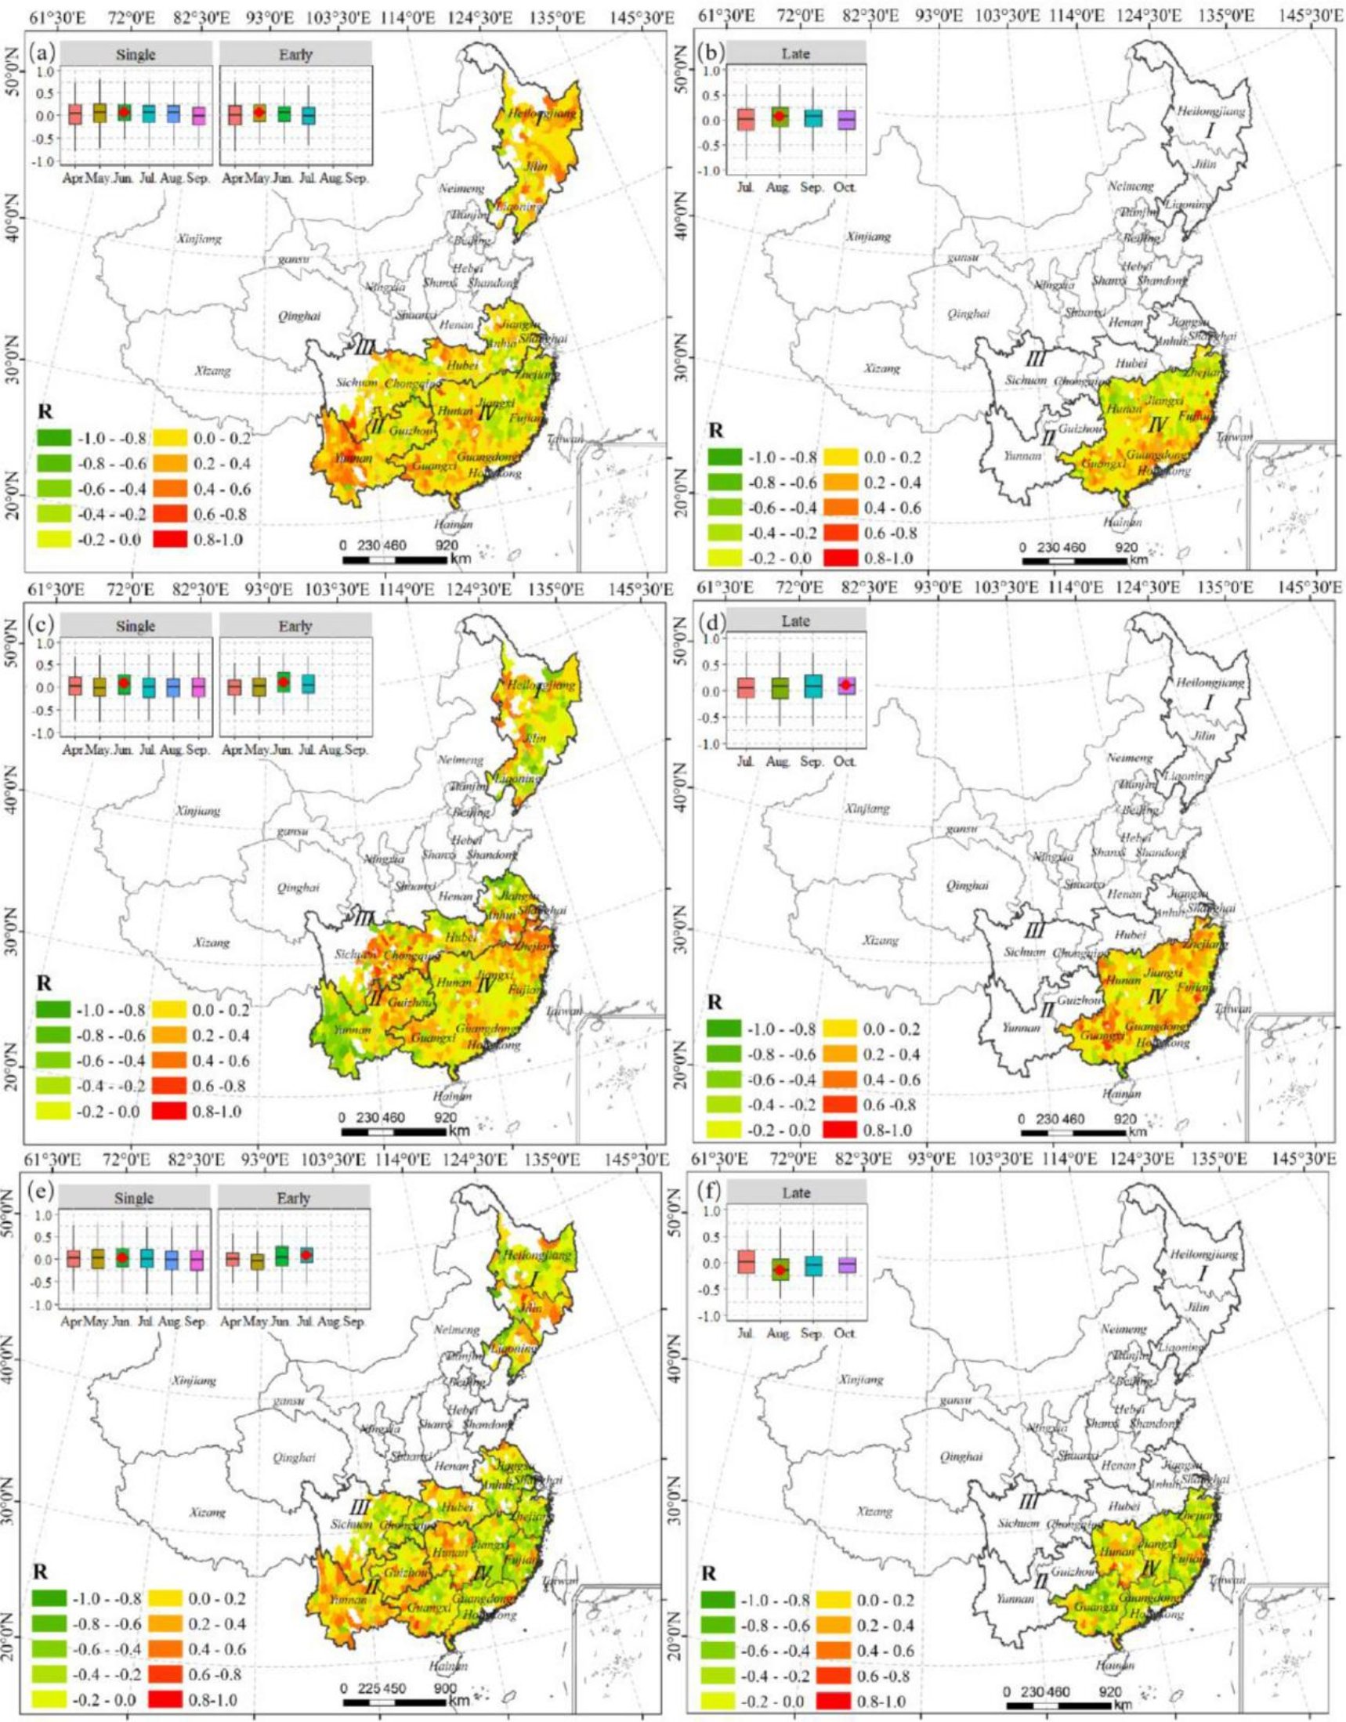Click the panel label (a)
41,53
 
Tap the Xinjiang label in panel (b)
868,237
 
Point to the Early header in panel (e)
294,1198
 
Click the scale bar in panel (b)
1074,561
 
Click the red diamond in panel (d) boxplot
845,685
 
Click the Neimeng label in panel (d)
1129,758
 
